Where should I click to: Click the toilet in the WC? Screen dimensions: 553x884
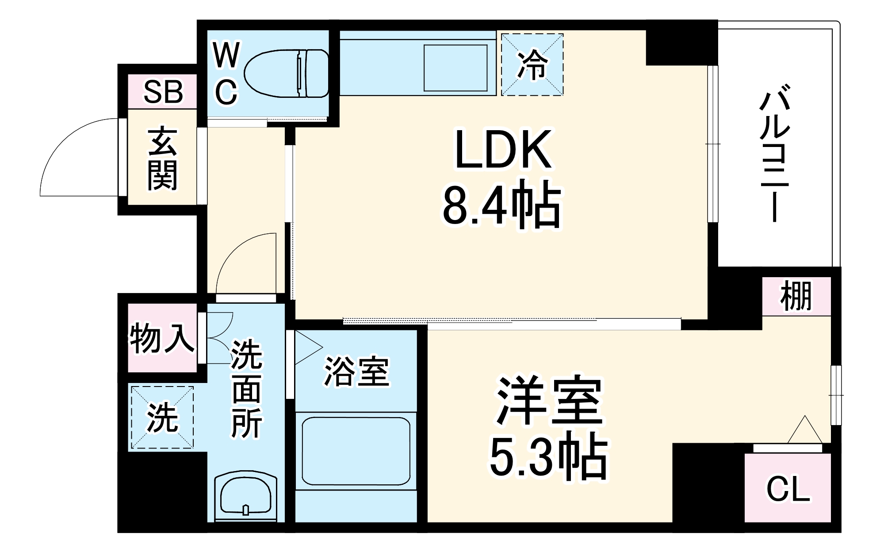pyautogui.click(x=287, y=73)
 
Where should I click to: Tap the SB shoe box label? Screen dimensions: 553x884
pyautogui.click(x=163, y=92)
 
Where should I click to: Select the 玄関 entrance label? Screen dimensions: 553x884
pyautogui.click(x=163, y=159)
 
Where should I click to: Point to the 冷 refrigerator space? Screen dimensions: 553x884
pyautogui.click(x=532, y=65)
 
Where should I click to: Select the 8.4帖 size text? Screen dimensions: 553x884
pyautogui.click(x=502, y=205)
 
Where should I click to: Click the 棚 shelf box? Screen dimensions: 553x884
pyautogui.click(x=796, y=296)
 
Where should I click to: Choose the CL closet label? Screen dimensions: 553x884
pyautogui.click(x=788, y=489)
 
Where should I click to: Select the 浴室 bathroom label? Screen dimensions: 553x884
pyautogui.click(x=356, y=371)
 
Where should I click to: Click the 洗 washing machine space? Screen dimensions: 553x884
pyautogui.click(x=162, y=418)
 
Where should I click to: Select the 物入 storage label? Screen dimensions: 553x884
pyautogui.click(x=162, y=338)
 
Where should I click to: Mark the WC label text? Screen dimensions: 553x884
pyautogui.click(x=226, y=73)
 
